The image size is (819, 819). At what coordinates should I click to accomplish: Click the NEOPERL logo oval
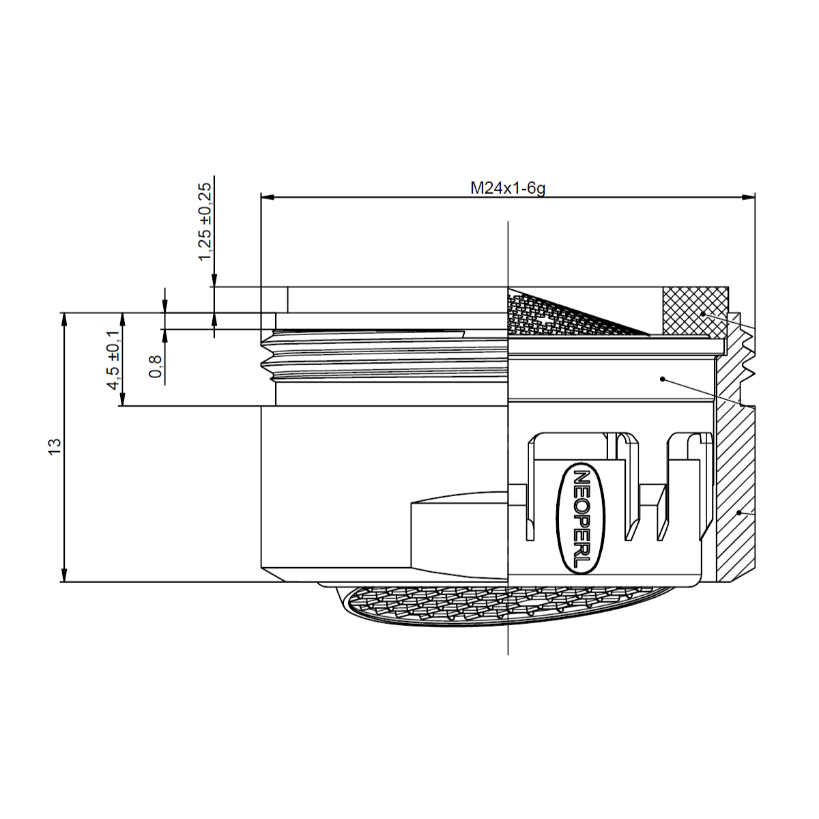click(582, 519)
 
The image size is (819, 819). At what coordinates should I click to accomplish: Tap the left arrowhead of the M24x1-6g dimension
click(268, 198)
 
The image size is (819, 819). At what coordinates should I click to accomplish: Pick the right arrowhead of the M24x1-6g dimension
click(749, 198)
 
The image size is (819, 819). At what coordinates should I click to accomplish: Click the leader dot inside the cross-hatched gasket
click(702, 313)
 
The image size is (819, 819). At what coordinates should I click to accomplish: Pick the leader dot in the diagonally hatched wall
click(739, 511)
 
